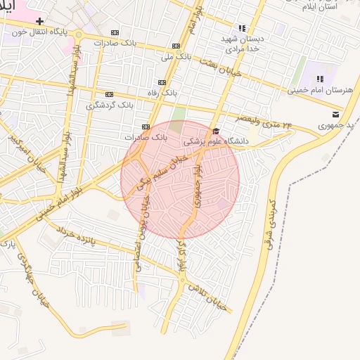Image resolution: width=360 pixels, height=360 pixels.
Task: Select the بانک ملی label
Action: pyautogui.click(x=176, y=56)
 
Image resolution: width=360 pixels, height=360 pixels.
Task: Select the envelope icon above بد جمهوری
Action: pyautogui.click(x=335, y=114)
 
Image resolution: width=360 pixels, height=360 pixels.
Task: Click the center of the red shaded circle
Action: pyautogui.click(x=180, y=180)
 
